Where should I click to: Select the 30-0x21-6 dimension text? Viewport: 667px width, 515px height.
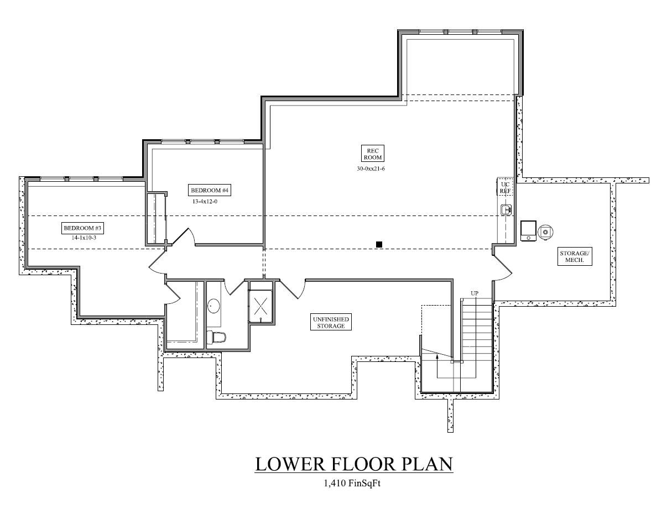[x=371, y=169]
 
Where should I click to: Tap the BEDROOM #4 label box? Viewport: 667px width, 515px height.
[x=210, y=191]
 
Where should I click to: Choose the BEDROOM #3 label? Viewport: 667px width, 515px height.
[x=83, y=228]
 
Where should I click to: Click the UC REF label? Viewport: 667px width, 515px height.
[x=504, y=187]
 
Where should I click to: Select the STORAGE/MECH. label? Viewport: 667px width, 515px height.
[x=575, y=257]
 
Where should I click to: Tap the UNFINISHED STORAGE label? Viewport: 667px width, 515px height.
[x=331, y=323]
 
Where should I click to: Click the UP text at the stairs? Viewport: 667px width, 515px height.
[x=475, y=293]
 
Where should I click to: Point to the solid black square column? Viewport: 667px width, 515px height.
[x=379, y=244]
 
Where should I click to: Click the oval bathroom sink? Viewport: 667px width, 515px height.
[x=213, y=306]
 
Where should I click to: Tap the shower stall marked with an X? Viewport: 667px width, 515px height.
[x=260, y=304]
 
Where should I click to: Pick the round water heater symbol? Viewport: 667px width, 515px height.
[x=545, y=232]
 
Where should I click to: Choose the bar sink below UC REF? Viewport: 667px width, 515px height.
[x=506, y=209]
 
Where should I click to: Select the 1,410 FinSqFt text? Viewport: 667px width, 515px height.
[x=352, y=484]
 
